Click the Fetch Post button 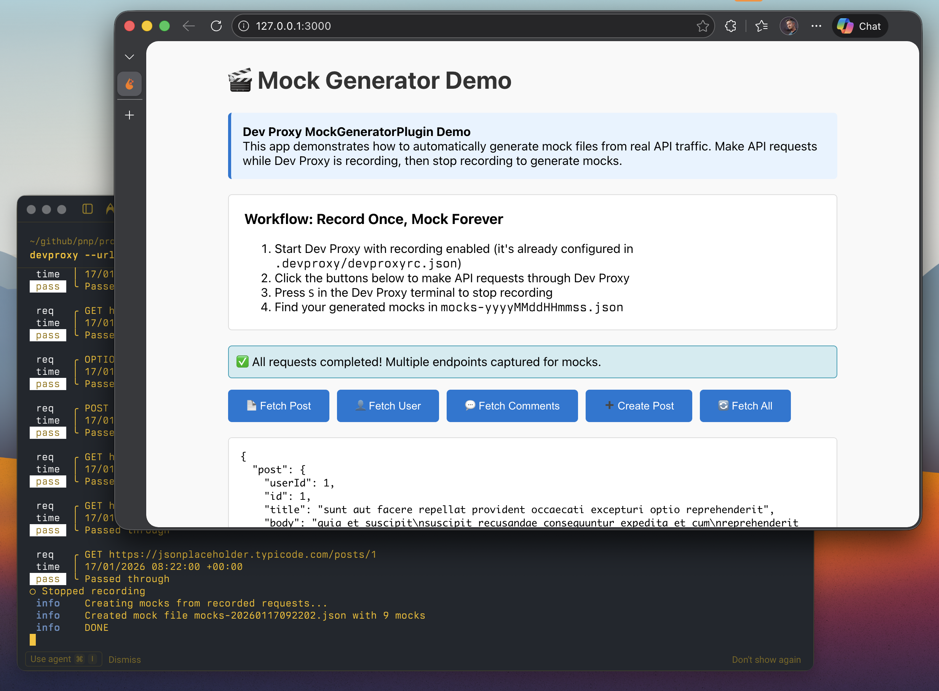pyautogui.click(x=278, y=406)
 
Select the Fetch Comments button pyautogui.click(x=512, y=406)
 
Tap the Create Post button pyautogui.click(x=639, y=406)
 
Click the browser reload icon pyautogui.click(x=216, y=26)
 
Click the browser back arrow pyautogui.click(x=189, y=26)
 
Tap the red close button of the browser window pyautogui.click(x=129, y=26)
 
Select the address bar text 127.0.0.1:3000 pyautogui.click(x=293, y=26)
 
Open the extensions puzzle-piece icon pyautogui.click(x=730, y=26)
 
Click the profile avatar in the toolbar pyautogui.click(x=789, y=26)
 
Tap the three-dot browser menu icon pyautogui.click(x=816, y=26)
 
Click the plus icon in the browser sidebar pyautogui.click(x=129, y=115)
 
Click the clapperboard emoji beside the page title pyautogui.click(x=240, y=80)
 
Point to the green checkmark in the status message pyautogui.click(x=243, y=362)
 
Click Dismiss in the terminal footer pyautogui.click(x=125, y=660)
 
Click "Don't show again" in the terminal pyautogui.click(x=766, y=660)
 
